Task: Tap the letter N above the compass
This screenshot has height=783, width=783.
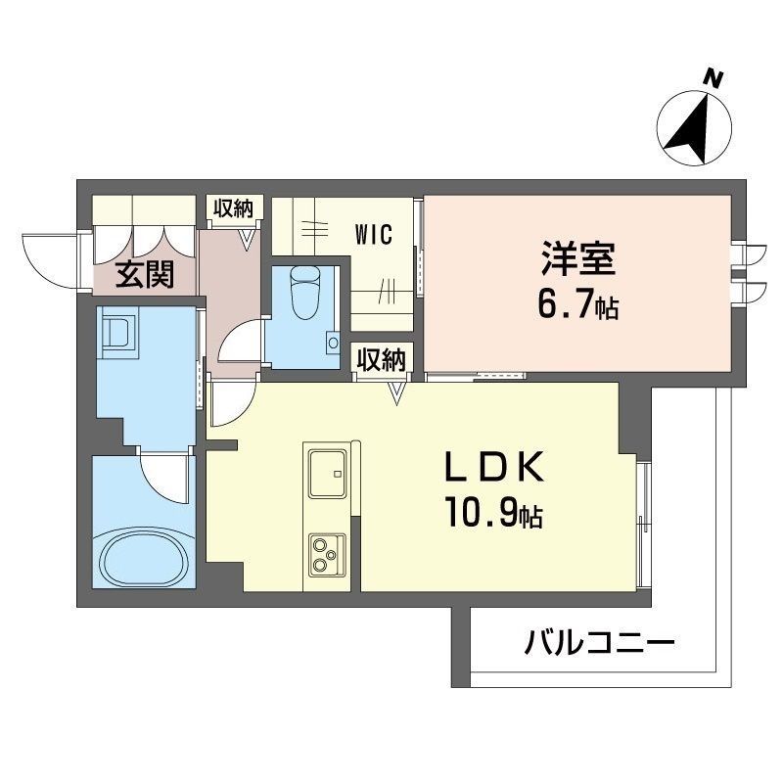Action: pyautogui.click(x=714, y=79)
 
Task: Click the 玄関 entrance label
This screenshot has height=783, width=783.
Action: pyautogui.click(x=145, y=274)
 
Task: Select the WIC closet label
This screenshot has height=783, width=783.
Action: pyautogui.click(x=374, y=234)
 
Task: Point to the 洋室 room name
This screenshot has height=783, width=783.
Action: pyautogui.click(x=578, y=258)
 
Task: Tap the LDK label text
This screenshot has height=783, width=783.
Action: pyautogui.click(x=494, y=467)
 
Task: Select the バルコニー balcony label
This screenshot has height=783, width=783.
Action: pyautogui.click(x=599, y=642)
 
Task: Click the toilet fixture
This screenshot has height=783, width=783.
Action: pyautogui.click(x=304, y=293)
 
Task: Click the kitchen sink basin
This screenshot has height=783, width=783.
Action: pyautogui.click(x=328, y=474)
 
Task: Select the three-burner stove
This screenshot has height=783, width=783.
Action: pyautogui.click(x=328, y=555)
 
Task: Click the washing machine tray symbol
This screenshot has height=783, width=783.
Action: pyautogui.click(x=118, y=332)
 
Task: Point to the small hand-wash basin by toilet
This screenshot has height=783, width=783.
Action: pyautogui.click(x=333, y=344)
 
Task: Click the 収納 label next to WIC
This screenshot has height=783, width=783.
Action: pyautogui.click(x=234, y=207)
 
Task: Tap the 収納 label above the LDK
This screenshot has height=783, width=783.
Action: pyautogui.click(x=382, y=359)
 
